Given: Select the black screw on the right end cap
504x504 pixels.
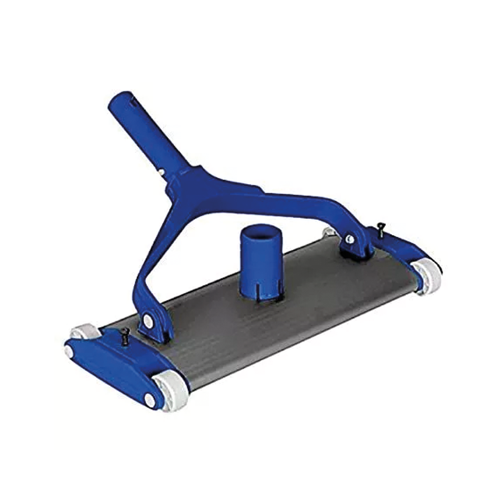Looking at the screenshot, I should coord(380,226).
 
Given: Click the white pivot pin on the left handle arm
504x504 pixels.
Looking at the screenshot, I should coord(147,321).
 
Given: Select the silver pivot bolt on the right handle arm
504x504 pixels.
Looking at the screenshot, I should coord(349,239).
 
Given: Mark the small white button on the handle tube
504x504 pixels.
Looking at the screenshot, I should coord(161,172).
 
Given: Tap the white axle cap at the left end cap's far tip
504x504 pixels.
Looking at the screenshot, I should coord(68,350).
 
